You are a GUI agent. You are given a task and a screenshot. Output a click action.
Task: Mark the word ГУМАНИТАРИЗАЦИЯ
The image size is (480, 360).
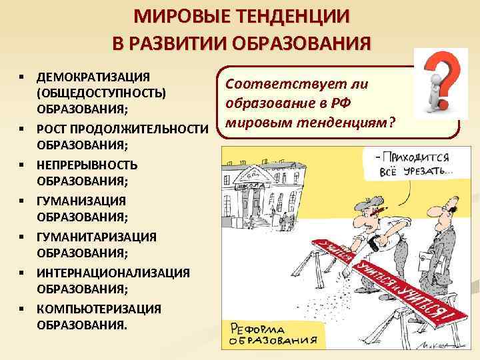pos(97,236)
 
